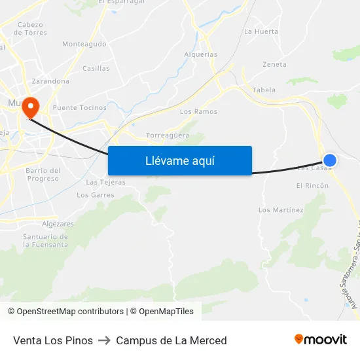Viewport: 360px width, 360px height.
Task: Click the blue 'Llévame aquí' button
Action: coord(179,160)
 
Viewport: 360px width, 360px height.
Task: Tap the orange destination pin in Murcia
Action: coord(31,107)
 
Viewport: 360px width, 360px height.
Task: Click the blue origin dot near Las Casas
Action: coord(330,160)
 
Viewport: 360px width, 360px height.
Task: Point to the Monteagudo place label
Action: coord(84,44)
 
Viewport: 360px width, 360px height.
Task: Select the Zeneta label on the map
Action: coord(274,65)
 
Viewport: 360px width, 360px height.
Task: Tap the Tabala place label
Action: coord(264,90)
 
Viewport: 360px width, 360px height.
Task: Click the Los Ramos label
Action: coord(198,112)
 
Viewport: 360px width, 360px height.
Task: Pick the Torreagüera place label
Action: coord(168,135)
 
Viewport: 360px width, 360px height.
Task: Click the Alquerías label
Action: coord(201,55)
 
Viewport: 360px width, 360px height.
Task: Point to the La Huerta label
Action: coord(261,31)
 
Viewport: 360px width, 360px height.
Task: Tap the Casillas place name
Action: coord(96,68)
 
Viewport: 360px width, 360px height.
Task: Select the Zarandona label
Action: coord(50,81)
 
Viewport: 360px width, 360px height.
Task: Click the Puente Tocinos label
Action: coord(79,107)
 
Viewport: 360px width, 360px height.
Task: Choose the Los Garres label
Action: coord(96,195)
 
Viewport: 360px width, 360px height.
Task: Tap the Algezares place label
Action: coord(58,223)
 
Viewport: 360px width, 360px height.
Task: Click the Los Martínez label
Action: coord(281,210)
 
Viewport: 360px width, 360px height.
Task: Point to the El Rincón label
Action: coord(312,186)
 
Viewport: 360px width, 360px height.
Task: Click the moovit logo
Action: coord(321,340)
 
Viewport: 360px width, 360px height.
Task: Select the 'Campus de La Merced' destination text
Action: coord(171,340)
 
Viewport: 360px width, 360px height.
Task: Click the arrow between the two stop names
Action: coord(105,340)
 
